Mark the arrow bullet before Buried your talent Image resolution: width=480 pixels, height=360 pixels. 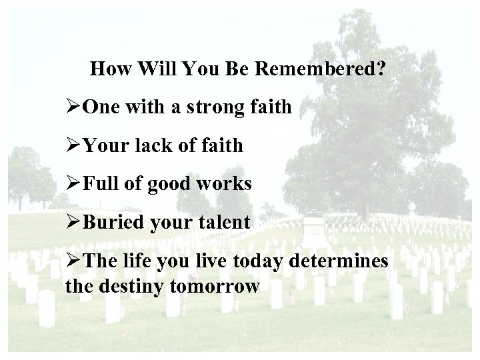tap(73, 222)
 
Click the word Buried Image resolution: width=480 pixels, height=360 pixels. tap(111, 222)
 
